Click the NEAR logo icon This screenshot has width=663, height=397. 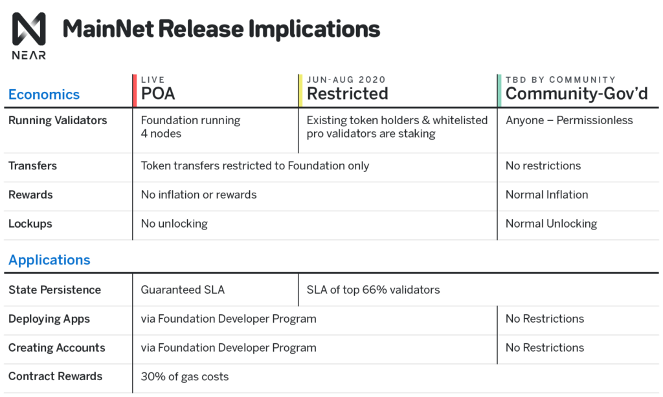coord(29,29)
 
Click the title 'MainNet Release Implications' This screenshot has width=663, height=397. coord(221,29)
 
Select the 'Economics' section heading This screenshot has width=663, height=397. coord(44,94)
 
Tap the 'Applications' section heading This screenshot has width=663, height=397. coord(49,260)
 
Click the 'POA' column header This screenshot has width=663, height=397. coord(158,94)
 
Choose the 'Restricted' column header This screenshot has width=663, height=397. coord(347,94)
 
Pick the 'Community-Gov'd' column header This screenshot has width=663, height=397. coord(576,94)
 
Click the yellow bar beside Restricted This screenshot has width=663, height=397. coord(300,91)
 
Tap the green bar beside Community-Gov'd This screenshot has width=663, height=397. coord(499,91)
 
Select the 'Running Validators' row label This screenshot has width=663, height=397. coord(58,120)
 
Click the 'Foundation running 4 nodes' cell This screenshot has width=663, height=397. coord(190,127)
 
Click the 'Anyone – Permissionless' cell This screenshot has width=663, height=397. coord(569,120)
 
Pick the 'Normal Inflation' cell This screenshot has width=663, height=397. coord(546,195)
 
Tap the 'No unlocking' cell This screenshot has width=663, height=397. coord(174,224)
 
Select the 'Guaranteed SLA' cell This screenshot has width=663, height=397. coord(183,290)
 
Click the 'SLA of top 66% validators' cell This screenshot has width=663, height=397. coord(373,290)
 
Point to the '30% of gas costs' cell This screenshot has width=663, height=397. coord(185,376)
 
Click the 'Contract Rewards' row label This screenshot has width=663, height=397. coord(55,376)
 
